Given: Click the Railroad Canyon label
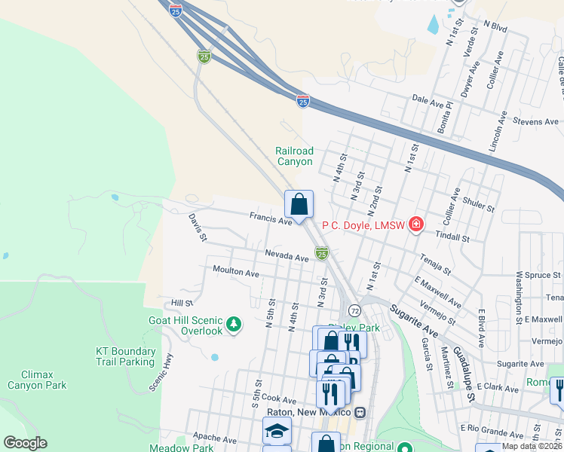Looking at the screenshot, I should point(294,156).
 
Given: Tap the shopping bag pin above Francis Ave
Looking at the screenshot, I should point(299,204).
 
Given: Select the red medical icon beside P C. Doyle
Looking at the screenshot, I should point(415,224).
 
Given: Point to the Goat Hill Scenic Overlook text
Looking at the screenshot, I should point(186,325).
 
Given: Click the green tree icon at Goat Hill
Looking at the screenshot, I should point(234,325).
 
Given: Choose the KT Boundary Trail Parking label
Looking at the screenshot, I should point(126,356).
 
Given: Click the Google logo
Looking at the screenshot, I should point(25,443).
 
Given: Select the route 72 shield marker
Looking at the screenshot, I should point(353,310).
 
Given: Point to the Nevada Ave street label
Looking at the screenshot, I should point(287,257).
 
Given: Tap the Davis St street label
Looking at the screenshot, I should point(198,227).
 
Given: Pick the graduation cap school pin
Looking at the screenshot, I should point(277,431).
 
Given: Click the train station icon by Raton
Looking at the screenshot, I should point(360,412).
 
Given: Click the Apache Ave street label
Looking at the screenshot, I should point(216,440).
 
